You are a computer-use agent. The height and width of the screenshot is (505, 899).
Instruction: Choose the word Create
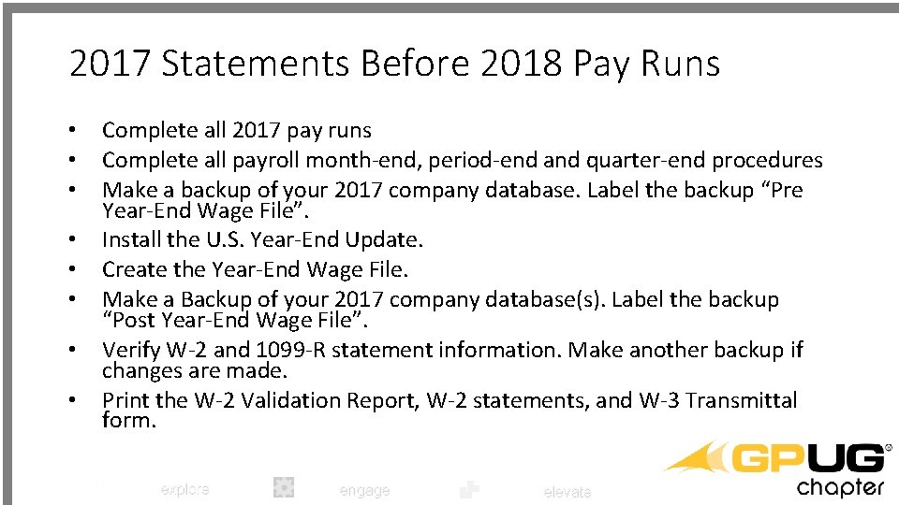[132, 269]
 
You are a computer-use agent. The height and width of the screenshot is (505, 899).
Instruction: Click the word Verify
[130, 350]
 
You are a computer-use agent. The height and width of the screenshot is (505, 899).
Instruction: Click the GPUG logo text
[808, 459]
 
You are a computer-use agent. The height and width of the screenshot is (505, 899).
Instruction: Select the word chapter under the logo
[839, 487]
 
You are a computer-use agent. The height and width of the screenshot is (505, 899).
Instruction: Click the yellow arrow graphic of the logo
[697, 457]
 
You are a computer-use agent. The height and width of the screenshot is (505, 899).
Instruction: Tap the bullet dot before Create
[71, 270]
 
